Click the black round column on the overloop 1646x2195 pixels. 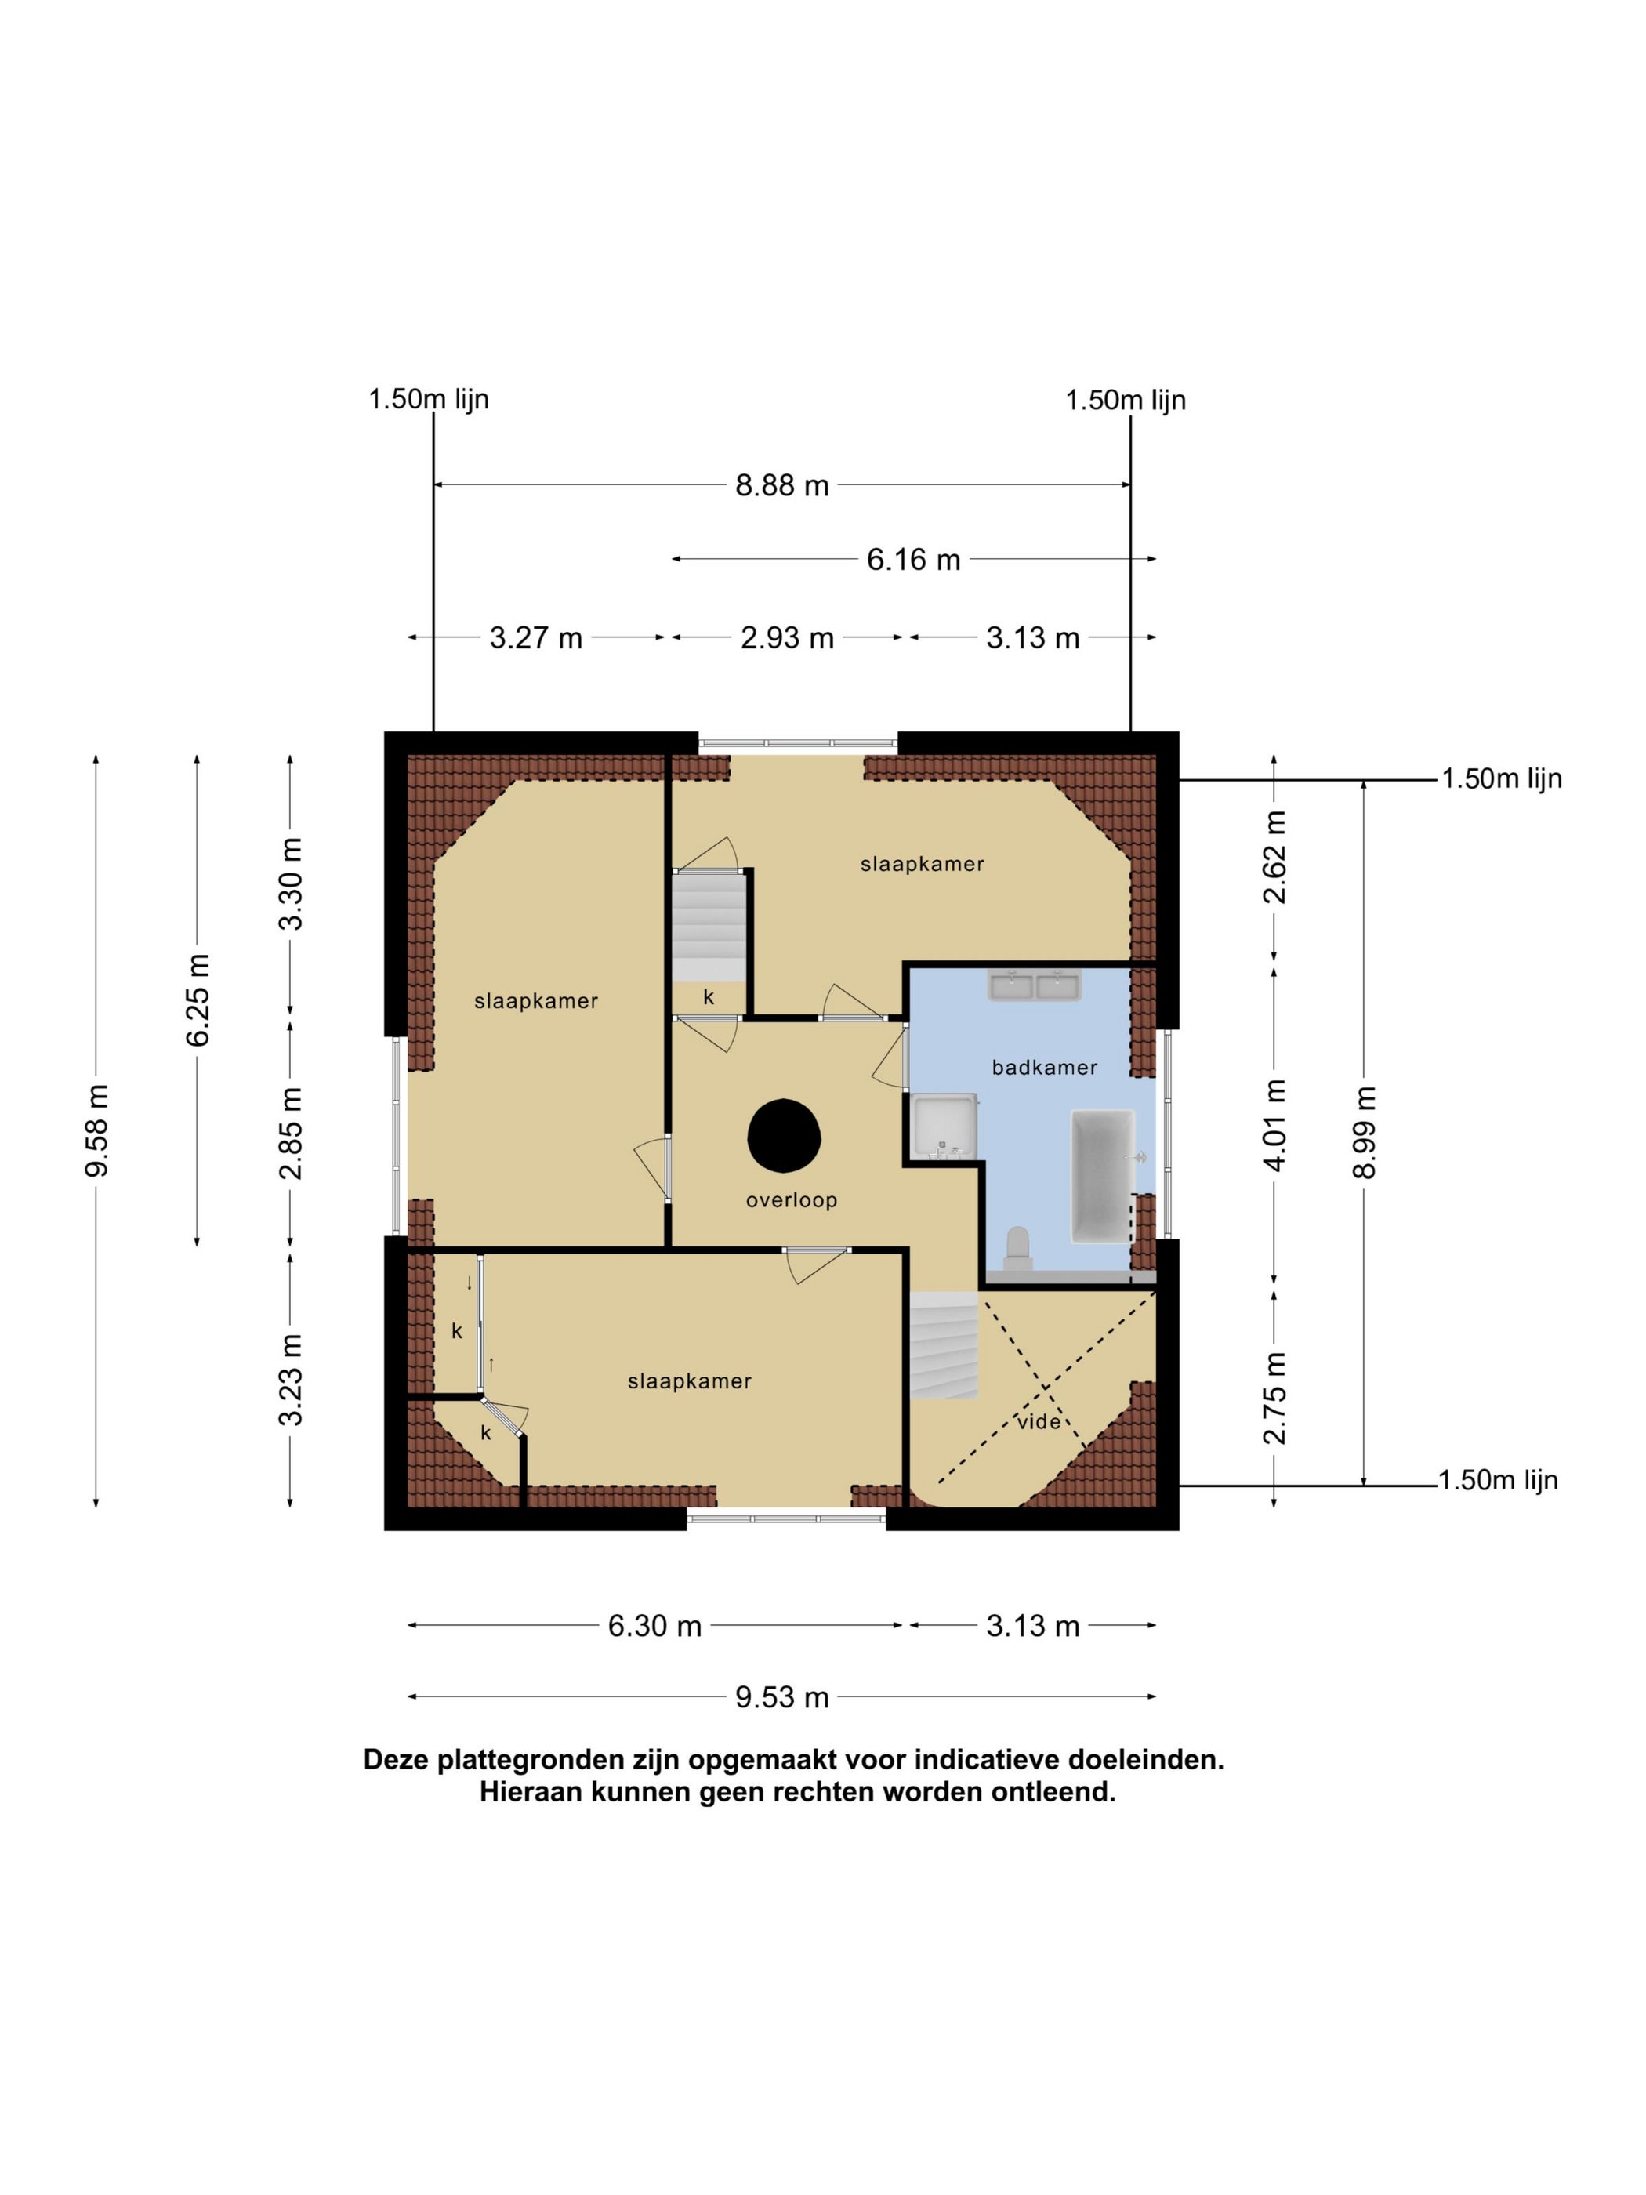pyautogui.click(x=784, y=1135)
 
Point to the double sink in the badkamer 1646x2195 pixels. pyautogui.click(x=1034, y=986)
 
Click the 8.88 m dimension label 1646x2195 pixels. pyautogui.click(x=781, y=486)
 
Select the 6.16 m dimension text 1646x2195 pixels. pyautogui.click(x=914, y=560)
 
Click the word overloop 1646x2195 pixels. pyautogui.click(x=792, y=1201)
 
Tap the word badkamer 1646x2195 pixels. pyautogui.click(x=1045, y=1068)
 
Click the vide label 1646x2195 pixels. pyautogui.click(x=1039, y=1422)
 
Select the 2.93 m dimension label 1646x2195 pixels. pyautogui.click(x=787, y=638)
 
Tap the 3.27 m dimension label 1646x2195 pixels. pyautogui.click(x=536, y=638)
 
